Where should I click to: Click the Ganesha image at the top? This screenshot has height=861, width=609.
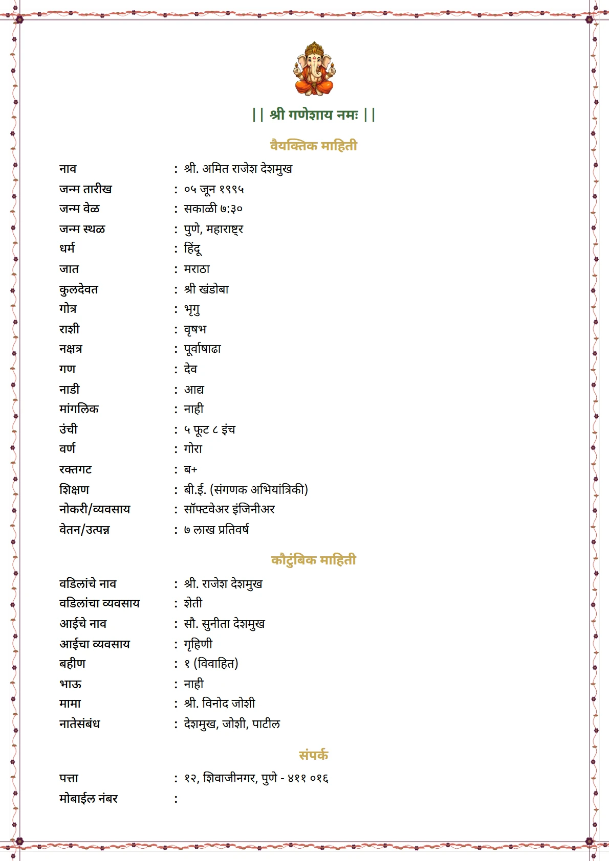[x=314, y=69]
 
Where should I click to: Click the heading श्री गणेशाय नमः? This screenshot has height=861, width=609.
[x=314, y=114]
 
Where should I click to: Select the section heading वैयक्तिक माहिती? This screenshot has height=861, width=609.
[x=313, y=146]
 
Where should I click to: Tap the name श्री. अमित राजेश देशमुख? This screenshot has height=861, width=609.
[x=238, y=169]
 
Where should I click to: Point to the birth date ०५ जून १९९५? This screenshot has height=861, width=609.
[x=214, y=189]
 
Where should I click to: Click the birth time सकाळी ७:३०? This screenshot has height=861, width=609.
[x=213, y=209]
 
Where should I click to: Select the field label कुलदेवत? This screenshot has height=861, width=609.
[x=79, y=289]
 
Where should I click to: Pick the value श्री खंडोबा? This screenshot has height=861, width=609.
[x=207, y=289]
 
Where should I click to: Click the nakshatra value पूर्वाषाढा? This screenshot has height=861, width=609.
[x=203, y=349]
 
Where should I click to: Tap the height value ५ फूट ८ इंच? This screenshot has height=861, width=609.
[x=210, y=429]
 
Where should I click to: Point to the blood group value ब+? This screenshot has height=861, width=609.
[x=191, y=469]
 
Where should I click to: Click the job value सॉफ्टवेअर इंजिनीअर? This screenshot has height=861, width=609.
[x=229, y=509]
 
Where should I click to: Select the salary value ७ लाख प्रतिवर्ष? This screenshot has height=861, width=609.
[x=216, y=530]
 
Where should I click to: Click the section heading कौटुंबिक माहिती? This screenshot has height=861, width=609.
[x=313, y=560]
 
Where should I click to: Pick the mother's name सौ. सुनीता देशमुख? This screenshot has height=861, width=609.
[x=225, y=624]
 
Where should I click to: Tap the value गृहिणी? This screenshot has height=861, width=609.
[x=198, y=644]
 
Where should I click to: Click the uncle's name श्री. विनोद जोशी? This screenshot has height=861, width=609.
[x=220, y=704]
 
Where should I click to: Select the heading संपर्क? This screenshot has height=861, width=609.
[x=313, y=755]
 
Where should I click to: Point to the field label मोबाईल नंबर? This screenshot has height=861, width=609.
[x=89, y=799]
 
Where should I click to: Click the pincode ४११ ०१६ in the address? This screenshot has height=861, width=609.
[x=308, y=778]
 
